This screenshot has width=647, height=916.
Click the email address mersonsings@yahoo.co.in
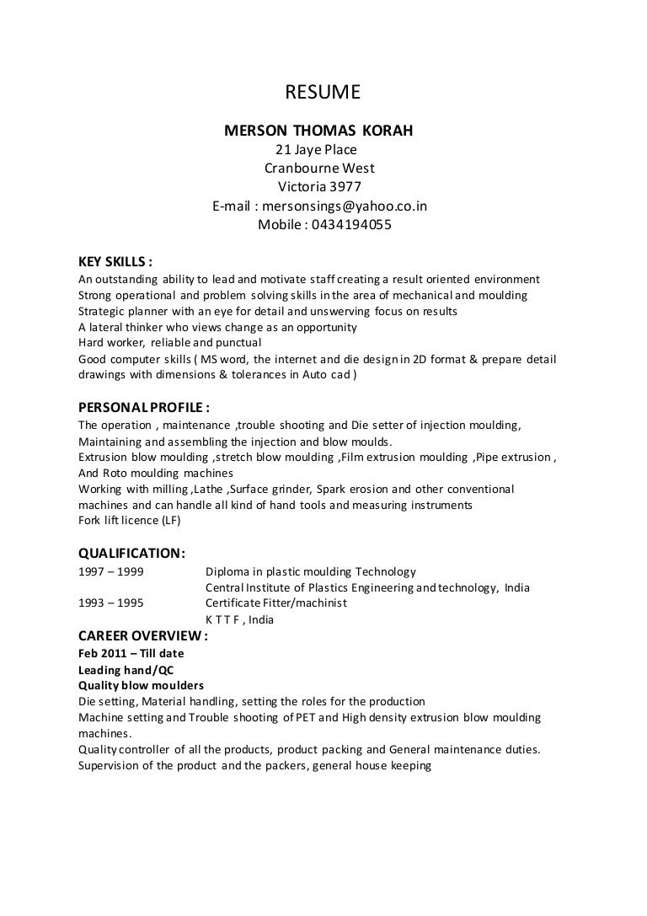[345, 206]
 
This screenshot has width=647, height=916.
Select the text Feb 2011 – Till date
[131, 653]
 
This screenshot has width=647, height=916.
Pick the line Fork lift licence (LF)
[129, 521]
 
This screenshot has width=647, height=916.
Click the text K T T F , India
[239, 619]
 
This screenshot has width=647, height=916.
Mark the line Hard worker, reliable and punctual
[169, 343]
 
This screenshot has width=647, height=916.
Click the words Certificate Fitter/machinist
[275, 603]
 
